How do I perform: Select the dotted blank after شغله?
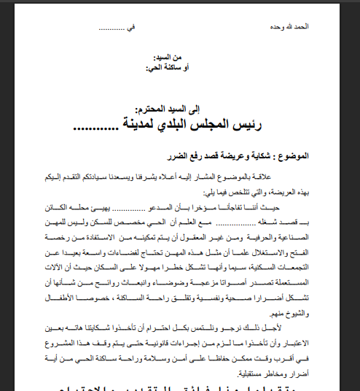[x=263, y=222]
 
